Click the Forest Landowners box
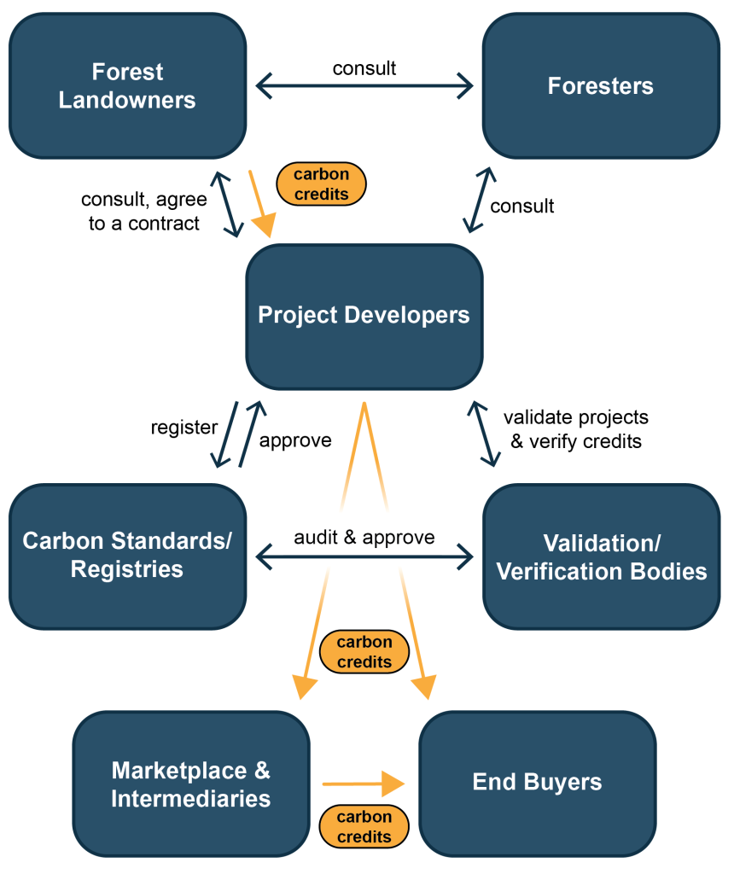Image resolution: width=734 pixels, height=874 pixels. pyautogui.click(x=127, y=86)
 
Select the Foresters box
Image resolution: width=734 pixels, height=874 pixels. pyautogui.click(x=600, y=86)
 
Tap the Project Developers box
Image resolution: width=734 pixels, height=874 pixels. pyautogui.click(x=364, y=316)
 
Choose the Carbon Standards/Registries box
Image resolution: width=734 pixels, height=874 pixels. pyautogui.click(x=127, y=556)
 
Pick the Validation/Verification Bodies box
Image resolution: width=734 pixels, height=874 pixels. pyautogui.click(x=601, y=556)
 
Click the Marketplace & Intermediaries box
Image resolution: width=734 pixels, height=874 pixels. pyautogui.click(x=190, y=784)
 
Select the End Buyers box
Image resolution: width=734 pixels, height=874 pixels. pyautogui.click(x=537, y=783)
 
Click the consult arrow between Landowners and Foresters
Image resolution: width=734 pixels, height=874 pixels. pyautogui.click(x=364, y=85)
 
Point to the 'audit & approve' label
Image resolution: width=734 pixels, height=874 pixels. pyautogui.click(x=364, y=537)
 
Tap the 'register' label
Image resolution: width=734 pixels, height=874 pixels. pyautogui.click(x=183, y=427)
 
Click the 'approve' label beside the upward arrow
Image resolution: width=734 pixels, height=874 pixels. pyautogui.click(x=295, y=440)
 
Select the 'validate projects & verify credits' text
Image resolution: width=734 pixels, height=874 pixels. pyautogui.click(x=575, y=429)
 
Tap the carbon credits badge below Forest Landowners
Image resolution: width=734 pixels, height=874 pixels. pyautogui.click(x=321, y=184)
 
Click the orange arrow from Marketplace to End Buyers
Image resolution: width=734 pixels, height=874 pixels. pyautogui.click(x=363, y=783)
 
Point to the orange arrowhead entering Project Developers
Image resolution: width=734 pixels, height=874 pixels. pyautogui.click(x=264, y=224)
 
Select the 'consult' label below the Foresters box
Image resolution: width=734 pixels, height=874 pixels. pyautogui.click(x=521, y=206)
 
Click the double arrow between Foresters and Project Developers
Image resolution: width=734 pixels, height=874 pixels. pyautogui.click(x=479, y=200)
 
